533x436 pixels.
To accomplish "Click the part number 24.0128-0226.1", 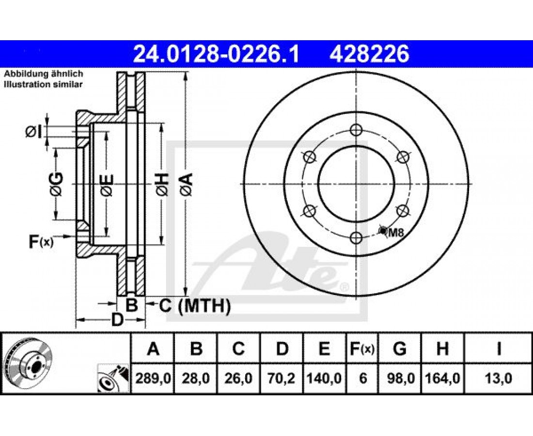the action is [216, 54].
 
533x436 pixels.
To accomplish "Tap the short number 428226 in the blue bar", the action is [369, 54].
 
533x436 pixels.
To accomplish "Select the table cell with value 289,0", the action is [153, 378].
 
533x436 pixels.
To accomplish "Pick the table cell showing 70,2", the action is [282, 378].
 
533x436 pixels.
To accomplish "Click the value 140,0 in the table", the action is [324, 378].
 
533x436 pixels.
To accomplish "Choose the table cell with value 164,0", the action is [442, 378].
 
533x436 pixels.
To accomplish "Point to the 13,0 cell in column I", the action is [498, 378].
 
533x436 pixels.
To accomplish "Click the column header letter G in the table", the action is [400, 348].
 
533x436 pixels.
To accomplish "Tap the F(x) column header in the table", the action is [362, 348].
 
